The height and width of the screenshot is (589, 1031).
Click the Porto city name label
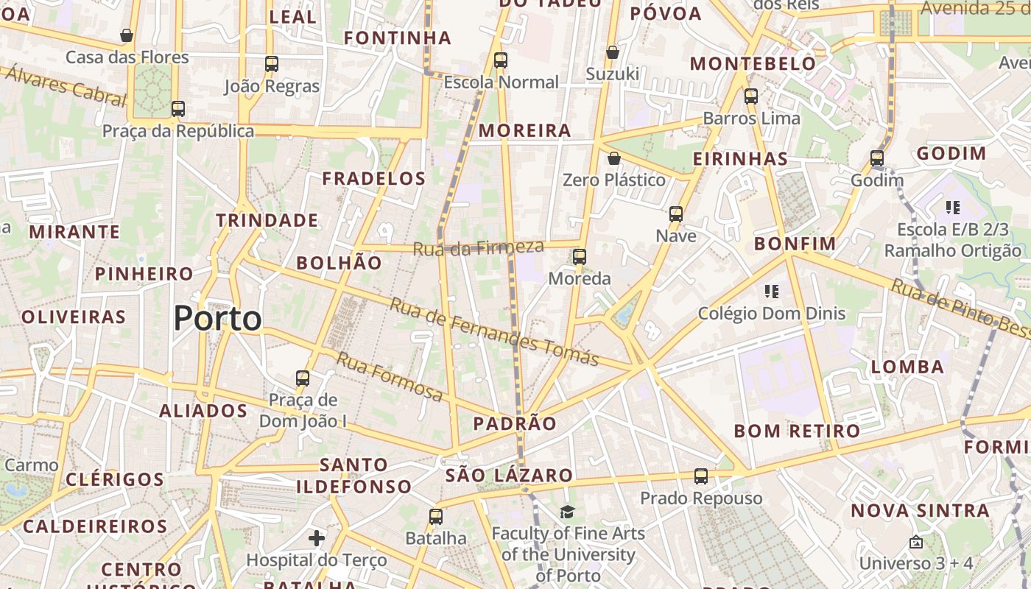coord(217,319)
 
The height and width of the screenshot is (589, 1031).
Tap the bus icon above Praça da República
coord(177,109)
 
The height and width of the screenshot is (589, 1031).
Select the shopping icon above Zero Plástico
coord(613,158)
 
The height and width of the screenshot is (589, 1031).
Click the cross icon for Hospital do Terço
coord(317,538)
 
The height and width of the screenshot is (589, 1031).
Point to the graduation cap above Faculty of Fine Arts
coord(567,512)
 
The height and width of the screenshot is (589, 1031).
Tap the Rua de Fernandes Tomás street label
coord(494,331)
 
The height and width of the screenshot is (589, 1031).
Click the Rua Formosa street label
coord(390,377)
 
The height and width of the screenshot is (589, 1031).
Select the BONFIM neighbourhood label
coord(795,244)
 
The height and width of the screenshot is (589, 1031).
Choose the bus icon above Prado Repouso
coord(701,476)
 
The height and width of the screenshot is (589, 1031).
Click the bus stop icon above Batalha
coord(436,517)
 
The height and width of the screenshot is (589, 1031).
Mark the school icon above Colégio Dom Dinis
coord(771,292)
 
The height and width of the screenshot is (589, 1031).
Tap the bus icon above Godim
coord(876,158)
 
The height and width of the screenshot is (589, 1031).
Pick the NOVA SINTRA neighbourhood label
coord(920,510)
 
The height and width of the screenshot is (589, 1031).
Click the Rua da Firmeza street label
coord(478,248)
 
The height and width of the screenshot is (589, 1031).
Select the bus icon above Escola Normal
coord(501,60)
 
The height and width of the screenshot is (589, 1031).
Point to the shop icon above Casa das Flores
coord(127,35)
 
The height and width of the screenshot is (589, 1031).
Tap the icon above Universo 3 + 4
coord(915,542)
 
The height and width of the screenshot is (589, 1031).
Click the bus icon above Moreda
coord(580,257)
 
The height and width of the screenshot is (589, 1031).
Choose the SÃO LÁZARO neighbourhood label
coord(509,476)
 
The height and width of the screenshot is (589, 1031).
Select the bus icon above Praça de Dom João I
coord(302,378)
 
